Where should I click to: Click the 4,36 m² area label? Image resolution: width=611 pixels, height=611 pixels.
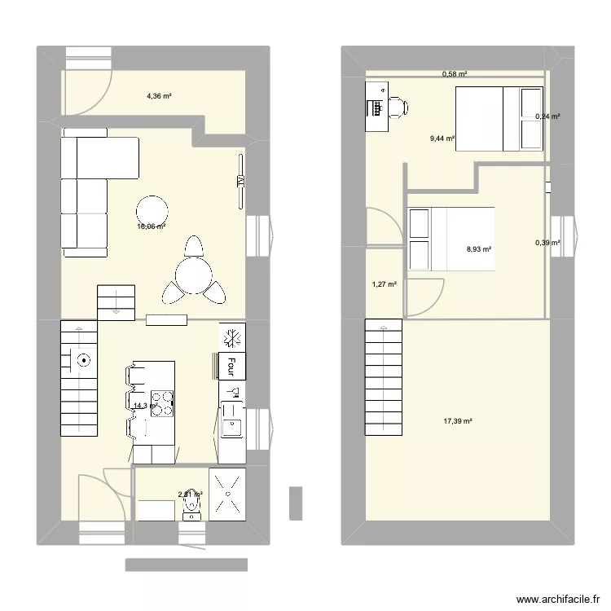point(159,96)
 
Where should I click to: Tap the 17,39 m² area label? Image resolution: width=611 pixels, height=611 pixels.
point(458,421)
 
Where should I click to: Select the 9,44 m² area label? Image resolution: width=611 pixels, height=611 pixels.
point(442,139)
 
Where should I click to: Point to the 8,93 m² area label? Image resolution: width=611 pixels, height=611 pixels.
point(478,250)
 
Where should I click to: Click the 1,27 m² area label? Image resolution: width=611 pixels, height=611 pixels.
point(384,285)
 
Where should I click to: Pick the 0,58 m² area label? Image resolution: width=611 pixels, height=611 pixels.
point(455,75)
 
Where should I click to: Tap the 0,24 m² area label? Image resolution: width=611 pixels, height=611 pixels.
point(547,116)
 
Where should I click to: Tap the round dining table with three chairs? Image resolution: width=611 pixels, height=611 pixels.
point(193,271)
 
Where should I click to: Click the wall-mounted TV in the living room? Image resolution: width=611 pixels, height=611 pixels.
point(240,181)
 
